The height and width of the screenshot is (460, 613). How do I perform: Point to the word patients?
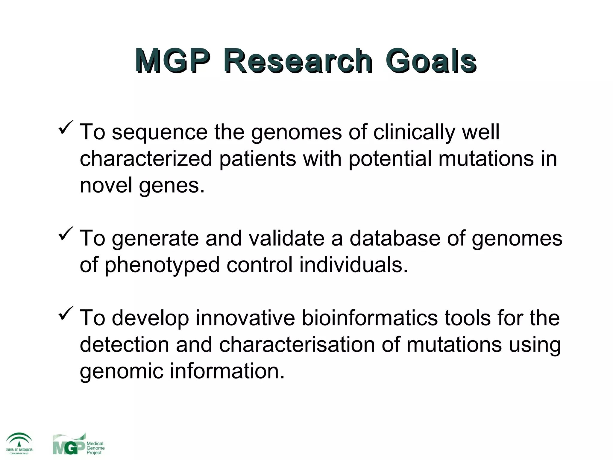click(x=258, y=159)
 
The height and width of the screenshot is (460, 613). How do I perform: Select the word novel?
click(x=106, y=185)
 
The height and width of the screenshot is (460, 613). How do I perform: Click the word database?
click(x=395, y=238)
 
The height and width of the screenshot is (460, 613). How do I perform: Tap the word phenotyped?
click(x=162, y=265)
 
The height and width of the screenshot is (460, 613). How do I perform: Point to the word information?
click(x=227, y=371)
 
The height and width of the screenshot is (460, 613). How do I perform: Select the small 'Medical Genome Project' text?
click(x=95, y=448)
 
